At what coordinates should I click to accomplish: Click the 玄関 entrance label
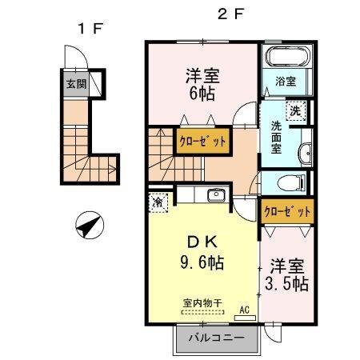75,82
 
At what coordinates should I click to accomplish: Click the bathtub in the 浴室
286,58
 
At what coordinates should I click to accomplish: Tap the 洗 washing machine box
295,110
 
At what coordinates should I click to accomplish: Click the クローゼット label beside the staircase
202,141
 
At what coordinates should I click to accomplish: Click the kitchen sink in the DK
214,196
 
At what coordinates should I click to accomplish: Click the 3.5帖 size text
286,282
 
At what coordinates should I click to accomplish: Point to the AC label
243,310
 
